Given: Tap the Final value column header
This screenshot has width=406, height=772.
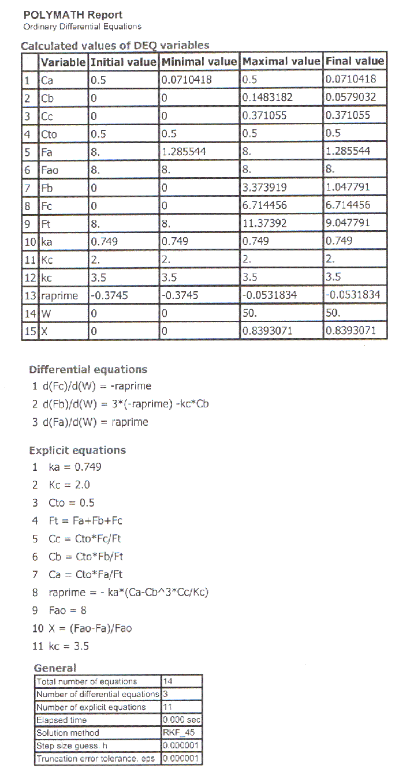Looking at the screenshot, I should (x=355, y=61).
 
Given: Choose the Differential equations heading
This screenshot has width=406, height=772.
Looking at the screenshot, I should (x=88, y=369).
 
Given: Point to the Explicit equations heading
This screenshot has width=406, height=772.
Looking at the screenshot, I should (x=77, y=450).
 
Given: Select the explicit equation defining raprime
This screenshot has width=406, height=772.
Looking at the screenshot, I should (x=124, y=592).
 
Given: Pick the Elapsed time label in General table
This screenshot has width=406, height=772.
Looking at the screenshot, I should (x=62, y=720).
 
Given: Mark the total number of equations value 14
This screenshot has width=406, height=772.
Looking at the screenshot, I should (x=169, y=681).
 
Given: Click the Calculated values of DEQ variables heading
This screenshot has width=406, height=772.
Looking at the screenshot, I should (x=116, y=46).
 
